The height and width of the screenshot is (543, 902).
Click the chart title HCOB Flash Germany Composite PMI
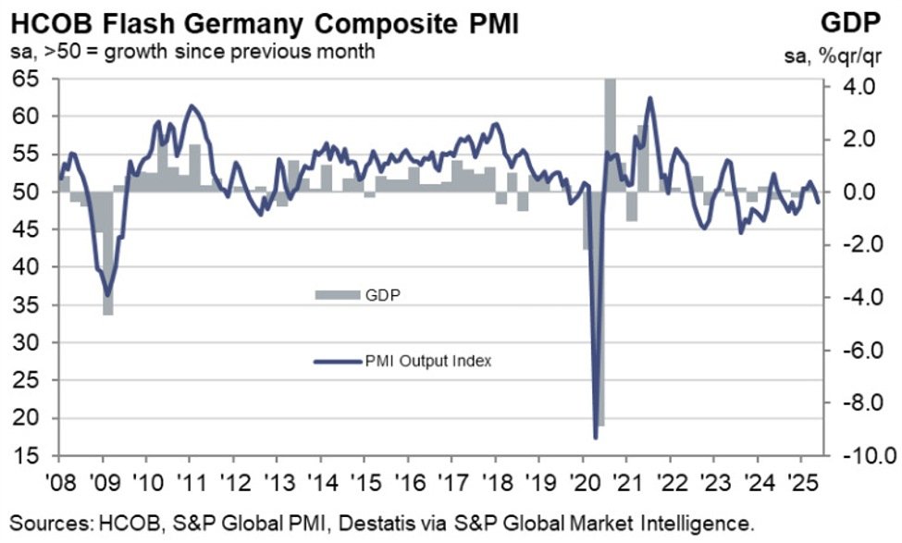(261, 20)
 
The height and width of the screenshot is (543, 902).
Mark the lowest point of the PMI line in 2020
(595, 438)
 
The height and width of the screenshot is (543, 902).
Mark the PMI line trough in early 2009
(107, 295)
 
